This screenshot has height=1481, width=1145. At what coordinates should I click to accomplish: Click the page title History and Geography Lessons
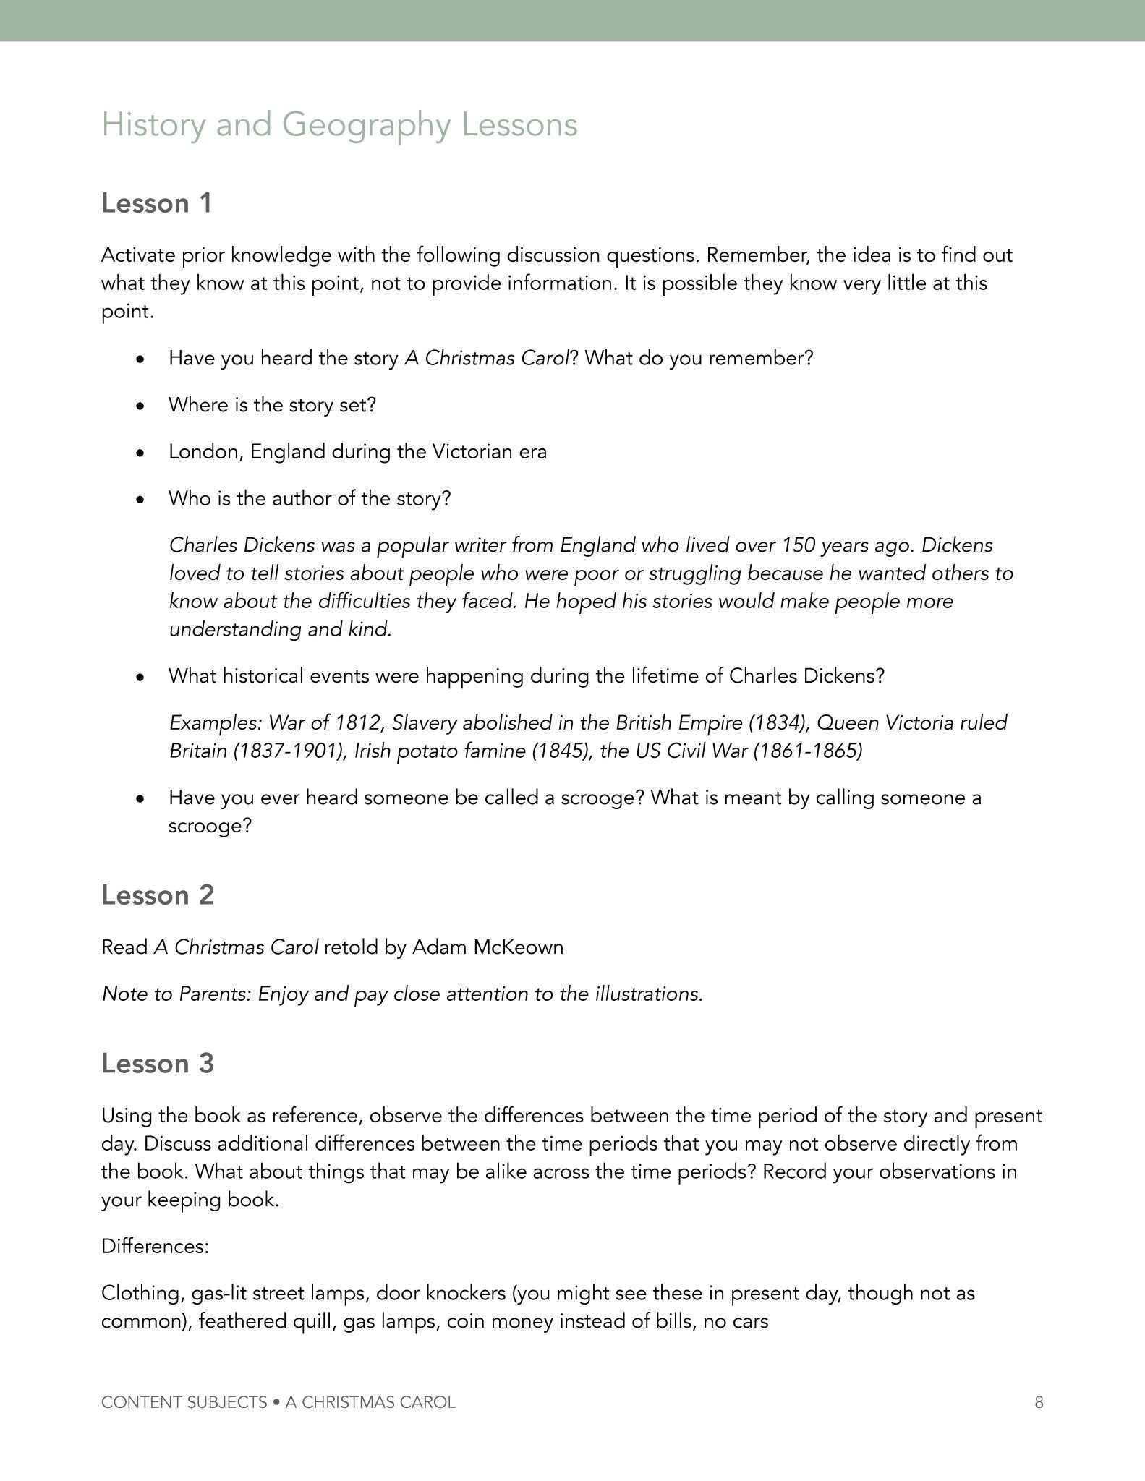click(339, 124)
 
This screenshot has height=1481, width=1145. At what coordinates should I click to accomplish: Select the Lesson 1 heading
click(157, 204)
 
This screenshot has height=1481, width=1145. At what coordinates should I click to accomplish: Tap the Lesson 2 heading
click(158, 895)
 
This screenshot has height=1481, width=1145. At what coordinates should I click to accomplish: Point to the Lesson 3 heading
click(158, 1064)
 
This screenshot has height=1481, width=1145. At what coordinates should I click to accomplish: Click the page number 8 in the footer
click(1039, 1402)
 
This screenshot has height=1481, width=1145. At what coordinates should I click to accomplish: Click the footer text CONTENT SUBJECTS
click(184, 1402)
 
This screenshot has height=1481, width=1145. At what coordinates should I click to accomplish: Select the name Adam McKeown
click(488, 947)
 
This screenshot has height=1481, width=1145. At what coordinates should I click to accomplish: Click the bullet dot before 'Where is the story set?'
click(141, 406)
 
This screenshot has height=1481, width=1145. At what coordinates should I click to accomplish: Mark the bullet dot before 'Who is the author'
click(141, 500)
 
